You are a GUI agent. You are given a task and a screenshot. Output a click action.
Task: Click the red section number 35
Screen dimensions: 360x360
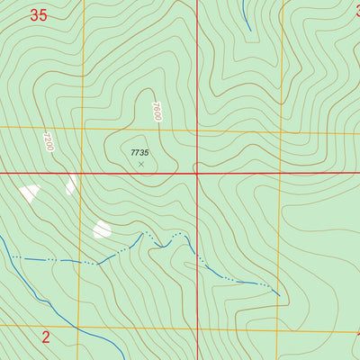[38, 14]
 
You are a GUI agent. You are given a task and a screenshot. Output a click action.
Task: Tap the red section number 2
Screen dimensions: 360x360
[46, 337]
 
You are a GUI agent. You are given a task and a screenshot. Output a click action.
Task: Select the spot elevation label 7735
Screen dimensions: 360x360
[139, 153]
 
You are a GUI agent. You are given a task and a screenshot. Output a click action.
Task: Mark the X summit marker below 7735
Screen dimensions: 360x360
[140, 164]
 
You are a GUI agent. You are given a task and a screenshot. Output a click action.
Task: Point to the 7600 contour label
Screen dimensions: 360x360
[156, 112]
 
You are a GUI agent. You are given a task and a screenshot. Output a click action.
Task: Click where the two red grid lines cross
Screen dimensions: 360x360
[198, 173]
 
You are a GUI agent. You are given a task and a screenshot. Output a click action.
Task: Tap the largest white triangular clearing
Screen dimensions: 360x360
[29, 192]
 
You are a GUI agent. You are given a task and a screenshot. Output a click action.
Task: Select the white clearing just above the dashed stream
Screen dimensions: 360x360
[102, 229]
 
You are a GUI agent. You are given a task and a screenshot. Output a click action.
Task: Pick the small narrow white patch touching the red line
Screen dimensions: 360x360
[70, 184]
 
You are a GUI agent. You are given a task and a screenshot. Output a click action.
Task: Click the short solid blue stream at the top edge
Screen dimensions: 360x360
[245, 13]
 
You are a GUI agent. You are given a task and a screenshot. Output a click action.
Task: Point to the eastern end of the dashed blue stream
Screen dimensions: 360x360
[278, 293]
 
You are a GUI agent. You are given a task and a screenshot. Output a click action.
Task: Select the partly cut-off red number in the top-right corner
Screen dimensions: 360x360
[355, 11]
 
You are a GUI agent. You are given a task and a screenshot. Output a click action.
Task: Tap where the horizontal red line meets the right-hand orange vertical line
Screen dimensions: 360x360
[281, 173]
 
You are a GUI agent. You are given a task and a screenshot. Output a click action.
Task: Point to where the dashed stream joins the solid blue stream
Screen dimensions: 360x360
[13, 257]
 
